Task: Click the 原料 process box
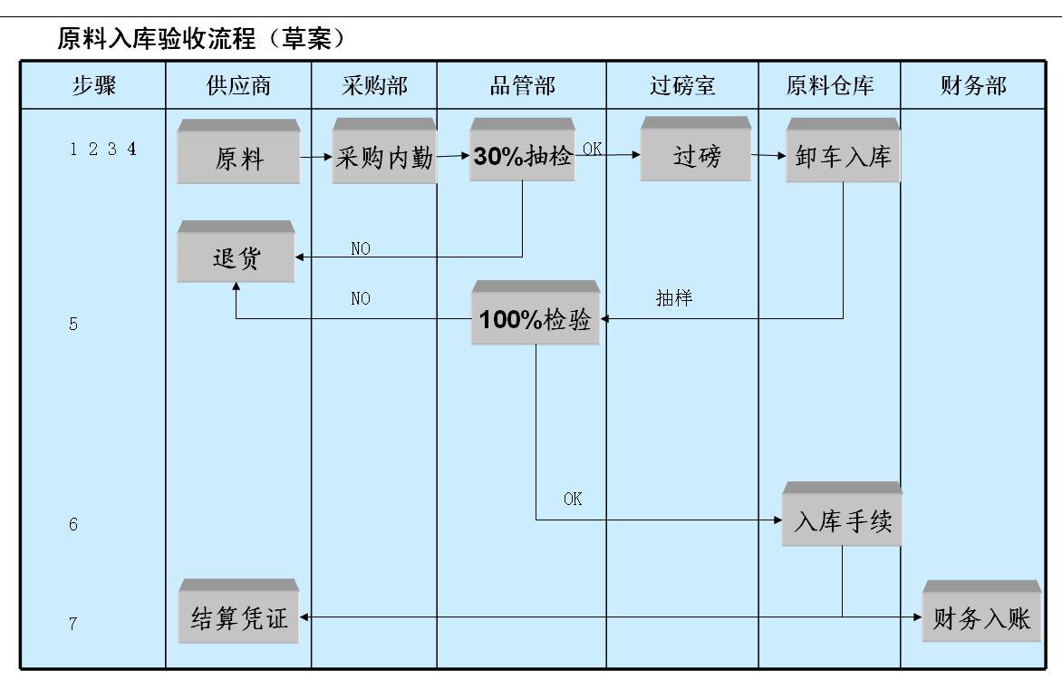click(x=238, y=158)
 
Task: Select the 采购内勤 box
click(x=384, y=157)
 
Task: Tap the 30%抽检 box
click(x=523, y=156)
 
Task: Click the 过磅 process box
click(x=696, y=156)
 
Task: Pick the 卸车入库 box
click(x=843, y=157)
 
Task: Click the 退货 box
click(x=235, y=258)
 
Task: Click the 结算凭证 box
click(x=239, y=617)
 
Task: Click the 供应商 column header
click(x=238, y=86)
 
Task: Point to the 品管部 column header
click(x=522, y=86)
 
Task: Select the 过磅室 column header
click(x=682, y=86)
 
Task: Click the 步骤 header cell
click(x=93, y=86)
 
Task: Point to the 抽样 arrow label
click(x=673, y=298)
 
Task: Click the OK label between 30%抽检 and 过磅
click(x=592, y=147)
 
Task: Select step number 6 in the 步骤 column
click(x=73, y=524)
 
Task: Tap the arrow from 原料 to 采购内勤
click(x=315, y=157)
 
